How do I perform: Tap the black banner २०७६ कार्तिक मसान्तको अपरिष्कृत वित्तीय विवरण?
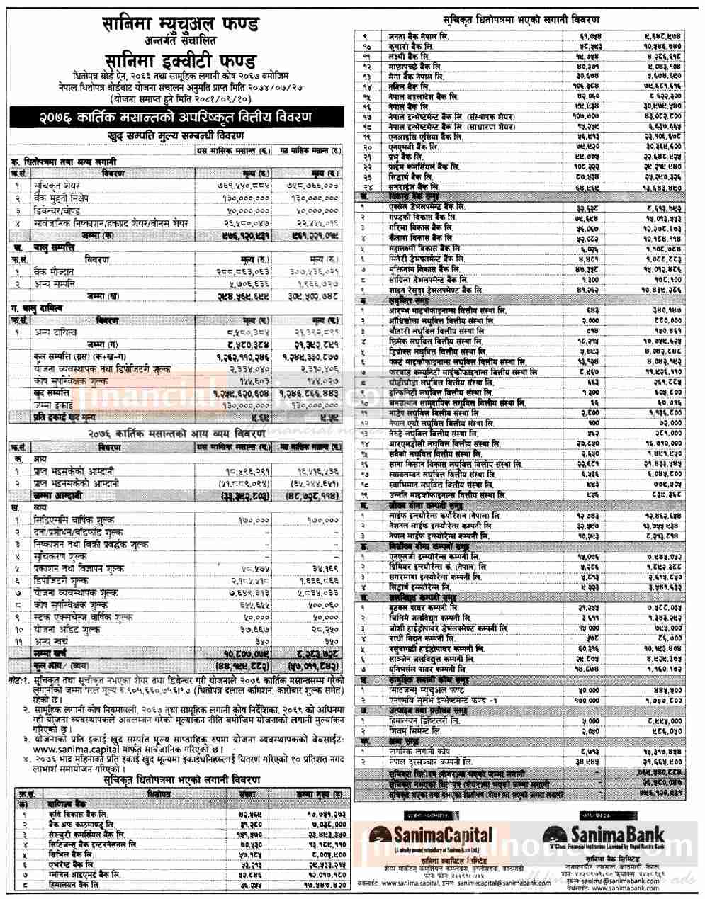pos(175,116)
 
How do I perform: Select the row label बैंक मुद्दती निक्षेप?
pos(64,200)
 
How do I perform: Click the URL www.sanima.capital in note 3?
pos(54,747)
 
